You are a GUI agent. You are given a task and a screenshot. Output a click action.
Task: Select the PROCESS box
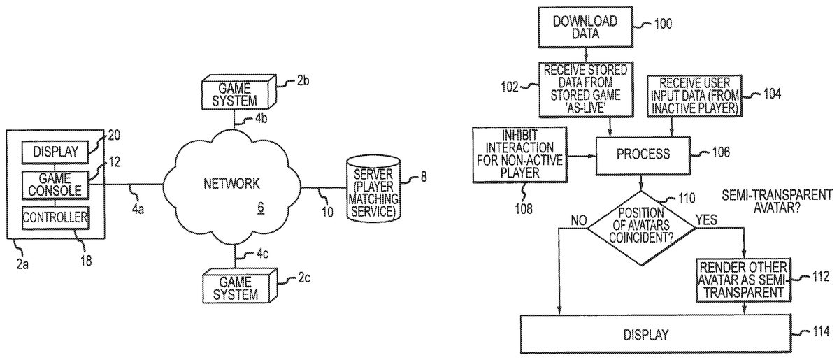[x=642, y=153]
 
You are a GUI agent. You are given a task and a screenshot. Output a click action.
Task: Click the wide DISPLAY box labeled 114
[x=657, y=334]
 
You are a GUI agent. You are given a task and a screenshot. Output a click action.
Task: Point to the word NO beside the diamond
[x=578, y=220]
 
